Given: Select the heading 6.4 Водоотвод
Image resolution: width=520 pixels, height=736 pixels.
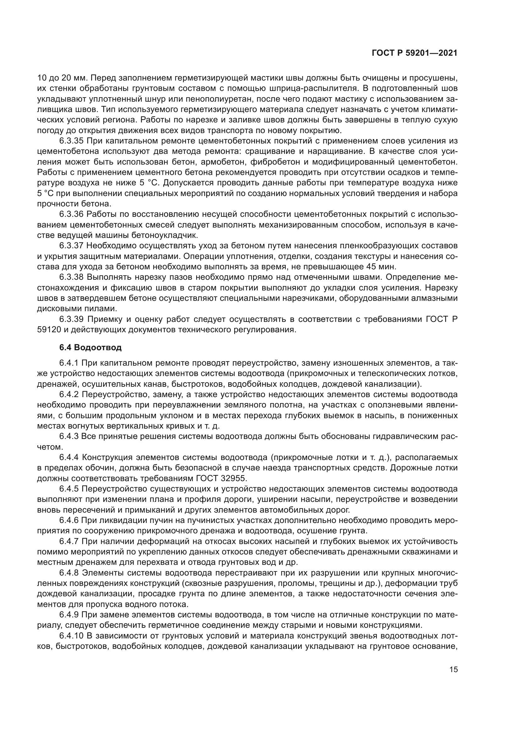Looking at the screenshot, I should tap(90, 347).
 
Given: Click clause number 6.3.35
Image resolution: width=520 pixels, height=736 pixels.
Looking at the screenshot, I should tap(71, 141).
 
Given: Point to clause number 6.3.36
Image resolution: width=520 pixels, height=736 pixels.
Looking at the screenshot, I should tap(71, 214).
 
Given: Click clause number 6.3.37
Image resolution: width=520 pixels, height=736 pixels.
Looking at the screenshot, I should tap(71, 245).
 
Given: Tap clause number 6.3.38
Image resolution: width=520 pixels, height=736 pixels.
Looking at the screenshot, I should tap(71, 277).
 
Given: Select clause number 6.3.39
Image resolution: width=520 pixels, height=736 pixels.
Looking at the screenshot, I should tap(71, 319).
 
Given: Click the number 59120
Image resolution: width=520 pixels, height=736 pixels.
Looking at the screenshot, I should tap(49, 329).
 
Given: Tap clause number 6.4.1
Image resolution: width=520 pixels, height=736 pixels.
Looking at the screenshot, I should tap(69, 363).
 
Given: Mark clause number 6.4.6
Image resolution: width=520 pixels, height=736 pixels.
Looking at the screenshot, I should tap(69, 520).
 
